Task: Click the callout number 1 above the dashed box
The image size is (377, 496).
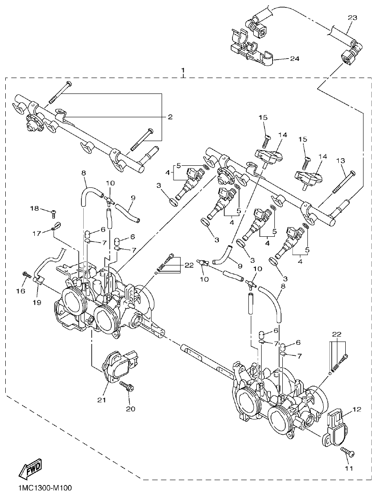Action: point(183,71)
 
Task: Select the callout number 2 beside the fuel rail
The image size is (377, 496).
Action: point(170,117)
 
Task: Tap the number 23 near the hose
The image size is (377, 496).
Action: point(352,18)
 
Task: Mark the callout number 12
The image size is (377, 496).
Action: point(357,410)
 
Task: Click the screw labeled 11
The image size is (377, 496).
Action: point(348,452)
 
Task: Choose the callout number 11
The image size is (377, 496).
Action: point(348,468)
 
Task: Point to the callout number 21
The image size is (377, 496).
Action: point(102,400)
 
